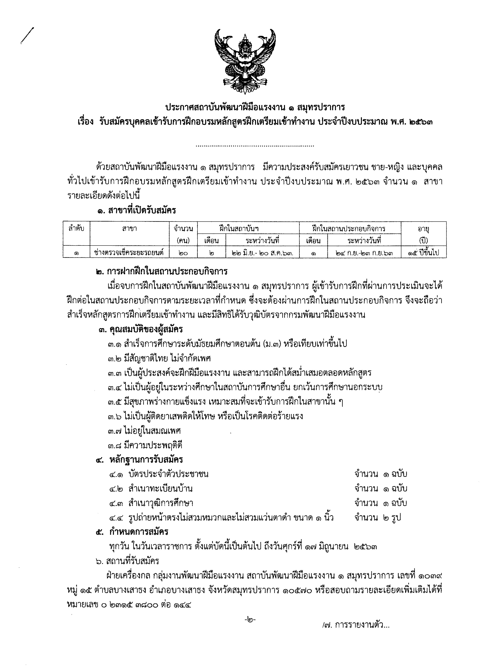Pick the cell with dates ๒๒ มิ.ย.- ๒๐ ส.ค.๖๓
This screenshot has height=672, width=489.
click(x=262, y=253)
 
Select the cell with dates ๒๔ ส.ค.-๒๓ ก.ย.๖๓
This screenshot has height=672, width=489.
click(x=364, y=253)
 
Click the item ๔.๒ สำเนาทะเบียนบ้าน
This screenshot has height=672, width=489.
click(x=151, y=488)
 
